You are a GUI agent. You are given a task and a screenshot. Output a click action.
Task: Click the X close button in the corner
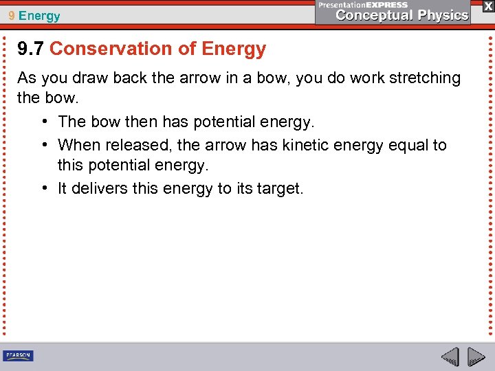coord(487,5)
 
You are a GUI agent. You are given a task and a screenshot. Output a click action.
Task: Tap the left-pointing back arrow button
coord(450,357)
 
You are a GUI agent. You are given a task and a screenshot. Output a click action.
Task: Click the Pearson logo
coord(19,356)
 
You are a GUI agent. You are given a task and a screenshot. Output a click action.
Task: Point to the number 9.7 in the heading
coord(31,49)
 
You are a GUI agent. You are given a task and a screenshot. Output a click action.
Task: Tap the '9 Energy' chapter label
coord(35,15)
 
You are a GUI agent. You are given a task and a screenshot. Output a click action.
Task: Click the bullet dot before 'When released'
coord(43,146)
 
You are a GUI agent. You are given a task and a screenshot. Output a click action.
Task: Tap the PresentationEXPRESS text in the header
coord(362,5)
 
